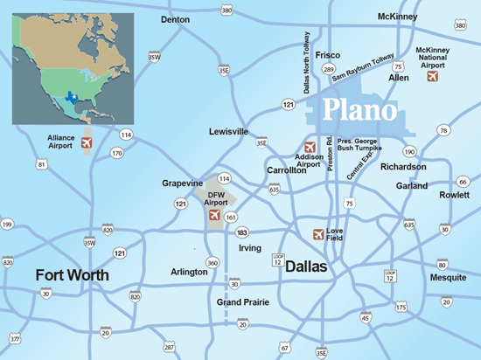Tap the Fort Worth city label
[73, 275]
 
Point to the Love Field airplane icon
[318, 233]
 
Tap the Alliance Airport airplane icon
[87, 142]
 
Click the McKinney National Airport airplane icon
[432, 76]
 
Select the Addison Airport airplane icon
[309, 148]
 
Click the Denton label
[175, 19]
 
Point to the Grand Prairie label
[242, 302]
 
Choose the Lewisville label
[229, 132]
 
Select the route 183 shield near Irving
[240, 232]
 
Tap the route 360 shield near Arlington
[212, 262]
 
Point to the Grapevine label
[183, 184]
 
